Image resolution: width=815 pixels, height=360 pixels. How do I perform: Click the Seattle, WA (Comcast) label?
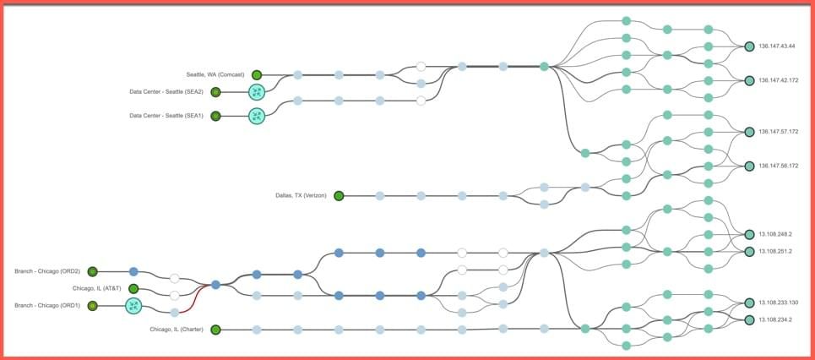pyautogui.click(x=215, y=75)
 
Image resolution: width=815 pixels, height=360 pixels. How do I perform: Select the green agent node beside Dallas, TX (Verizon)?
pyautogui.click(x=339, y=196)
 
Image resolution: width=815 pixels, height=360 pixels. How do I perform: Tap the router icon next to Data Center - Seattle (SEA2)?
pyautogui.click(x=257, y=92)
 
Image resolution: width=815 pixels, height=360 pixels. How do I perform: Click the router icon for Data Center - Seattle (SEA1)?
pyautogui.click(x=257, y=116)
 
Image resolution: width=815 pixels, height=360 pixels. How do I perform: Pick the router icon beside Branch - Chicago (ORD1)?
pyautogui.click(x=133, y=306)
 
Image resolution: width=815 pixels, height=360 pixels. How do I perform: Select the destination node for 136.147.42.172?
pyautogui.click(x=749, y=80)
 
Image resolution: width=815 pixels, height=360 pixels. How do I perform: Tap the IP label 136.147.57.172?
pyautogui.click(x=778, y=132)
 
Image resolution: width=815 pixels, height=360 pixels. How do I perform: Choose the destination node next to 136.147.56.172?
pyautogui.click(x=749, y=166)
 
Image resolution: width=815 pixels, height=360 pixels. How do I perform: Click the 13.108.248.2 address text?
pyautogui.click(x=775, y=235)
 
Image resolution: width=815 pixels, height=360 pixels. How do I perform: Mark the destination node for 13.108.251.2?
pyautogui.click(x=749, y=251)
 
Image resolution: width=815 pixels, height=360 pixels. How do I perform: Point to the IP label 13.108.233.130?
pyautogui.click(x=778, y=303)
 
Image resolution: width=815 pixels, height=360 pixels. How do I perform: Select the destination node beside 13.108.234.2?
pyautogui.click(x=749, y=320)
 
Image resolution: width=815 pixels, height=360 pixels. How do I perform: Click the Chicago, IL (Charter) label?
pyautogui.click(x=177, y=330)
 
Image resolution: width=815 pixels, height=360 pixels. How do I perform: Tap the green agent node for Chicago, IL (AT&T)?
pyautogui.click(x=133, y=289)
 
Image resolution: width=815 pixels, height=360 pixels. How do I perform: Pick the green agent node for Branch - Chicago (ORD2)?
pyautogui.click(x=93, y=271)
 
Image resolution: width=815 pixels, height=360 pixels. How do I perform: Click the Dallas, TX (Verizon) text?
pyautogui.click(x=301, y=196)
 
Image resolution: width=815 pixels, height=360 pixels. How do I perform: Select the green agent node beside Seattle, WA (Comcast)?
pyautogui.click(x=257, y=75)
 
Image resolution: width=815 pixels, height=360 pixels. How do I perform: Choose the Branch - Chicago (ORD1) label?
pyautogui.click(x=47, y=306)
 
